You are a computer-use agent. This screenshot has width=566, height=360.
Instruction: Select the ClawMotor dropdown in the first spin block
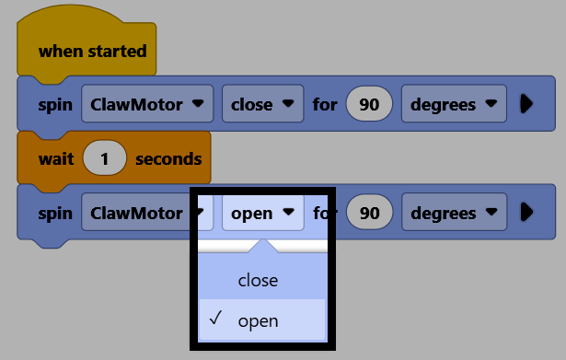[147, 104]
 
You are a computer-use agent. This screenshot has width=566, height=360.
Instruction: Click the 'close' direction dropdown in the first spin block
[262, 104]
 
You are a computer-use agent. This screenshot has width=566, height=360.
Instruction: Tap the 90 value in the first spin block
[369, 104]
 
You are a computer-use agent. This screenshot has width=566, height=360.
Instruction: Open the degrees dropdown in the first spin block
[454, 104]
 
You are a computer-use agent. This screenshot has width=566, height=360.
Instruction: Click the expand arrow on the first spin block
[526, 104]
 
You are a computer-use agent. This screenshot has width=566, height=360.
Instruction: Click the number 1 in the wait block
[105, 158]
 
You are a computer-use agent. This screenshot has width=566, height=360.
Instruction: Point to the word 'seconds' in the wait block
[168, 159]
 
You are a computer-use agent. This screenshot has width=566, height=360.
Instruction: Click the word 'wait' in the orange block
[56, 159]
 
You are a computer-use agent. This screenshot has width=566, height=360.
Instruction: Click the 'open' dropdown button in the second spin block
[263, 213]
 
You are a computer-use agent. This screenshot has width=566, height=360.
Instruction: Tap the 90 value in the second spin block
[369, 213]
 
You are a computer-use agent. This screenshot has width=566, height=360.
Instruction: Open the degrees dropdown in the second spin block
[454, 212]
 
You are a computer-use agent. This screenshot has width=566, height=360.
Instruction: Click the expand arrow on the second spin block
[526, 213]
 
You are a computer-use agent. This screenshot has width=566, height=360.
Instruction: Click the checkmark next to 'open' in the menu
[216, 318]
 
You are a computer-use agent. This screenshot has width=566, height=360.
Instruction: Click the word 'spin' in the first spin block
[55, 105]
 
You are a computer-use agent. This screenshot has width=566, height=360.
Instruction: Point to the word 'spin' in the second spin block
[55, 214]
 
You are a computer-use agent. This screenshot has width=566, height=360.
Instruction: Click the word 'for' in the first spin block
[325, 104]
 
